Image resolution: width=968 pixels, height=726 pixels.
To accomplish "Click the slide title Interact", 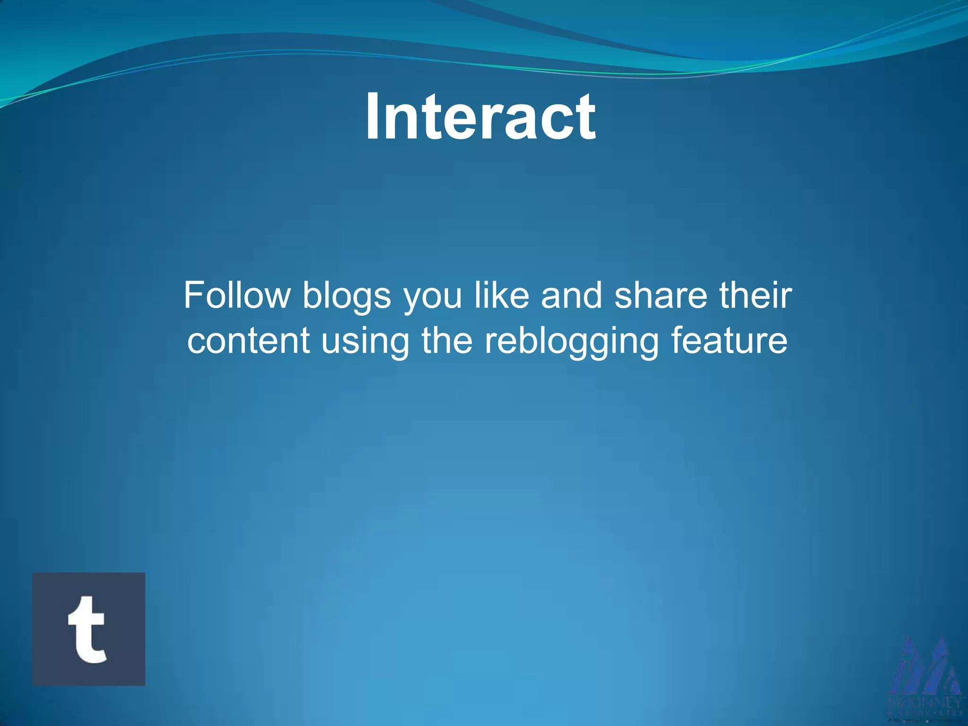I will coord(480,117).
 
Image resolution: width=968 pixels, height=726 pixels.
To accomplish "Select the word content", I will coord(248,340).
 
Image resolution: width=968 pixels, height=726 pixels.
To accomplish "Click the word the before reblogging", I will coord(446,340).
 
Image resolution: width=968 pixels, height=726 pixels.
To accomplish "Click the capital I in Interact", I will coord(373,117).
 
